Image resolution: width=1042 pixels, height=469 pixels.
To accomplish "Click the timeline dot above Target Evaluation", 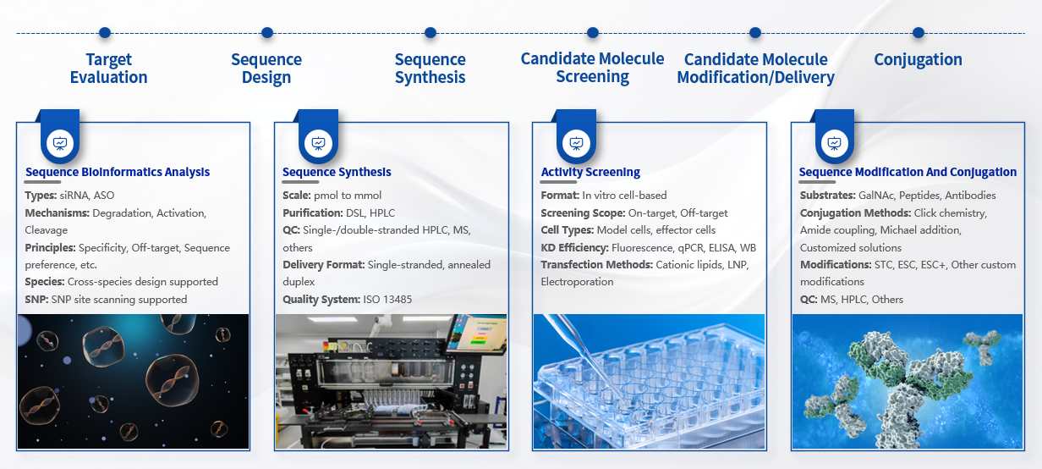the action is [x=105, y=33].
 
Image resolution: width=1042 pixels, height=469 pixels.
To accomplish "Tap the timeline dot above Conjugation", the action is [x=919, y=33].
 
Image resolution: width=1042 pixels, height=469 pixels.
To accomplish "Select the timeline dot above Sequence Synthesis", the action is [x=431, y=33].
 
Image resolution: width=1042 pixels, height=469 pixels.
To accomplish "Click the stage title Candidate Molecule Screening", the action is [x=592, y=68].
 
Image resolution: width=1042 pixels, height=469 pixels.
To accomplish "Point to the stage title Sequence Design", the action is [x=266, y=68].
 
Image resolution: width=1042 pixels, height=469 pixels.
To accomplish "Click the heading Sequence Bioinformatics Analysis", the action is [x=118, y=172].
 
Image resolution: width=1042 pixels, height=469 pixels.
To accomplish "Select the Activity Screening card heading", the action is [x=590, y=172].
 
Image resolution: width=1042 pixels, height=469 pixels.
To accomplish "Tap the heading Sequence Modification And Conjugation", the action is [x=908, y=172].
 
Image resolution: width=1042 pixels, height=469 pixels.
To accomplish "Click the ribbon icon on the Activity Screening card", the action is [x=576, y=143].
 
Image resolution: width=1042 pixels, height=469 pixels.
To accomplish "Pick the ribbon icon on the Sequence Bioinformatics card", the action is [x=60, y=143].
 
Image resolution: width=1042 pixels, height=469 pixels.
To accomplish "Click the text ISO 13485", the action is [x=387, y=299].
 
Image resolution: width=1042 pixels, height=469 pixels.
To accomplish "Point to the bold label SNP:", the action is [x=36, y=299].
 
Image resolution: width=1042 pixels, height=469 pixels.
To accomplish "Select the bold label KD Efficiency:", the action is [x=574, y=248].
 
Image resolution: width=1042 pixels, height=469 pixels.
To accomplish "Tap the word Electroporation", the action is [x=577, y=282].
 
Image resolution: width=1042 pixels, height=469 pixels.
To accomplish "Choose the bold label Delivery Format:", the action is [x=324, y=264].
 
